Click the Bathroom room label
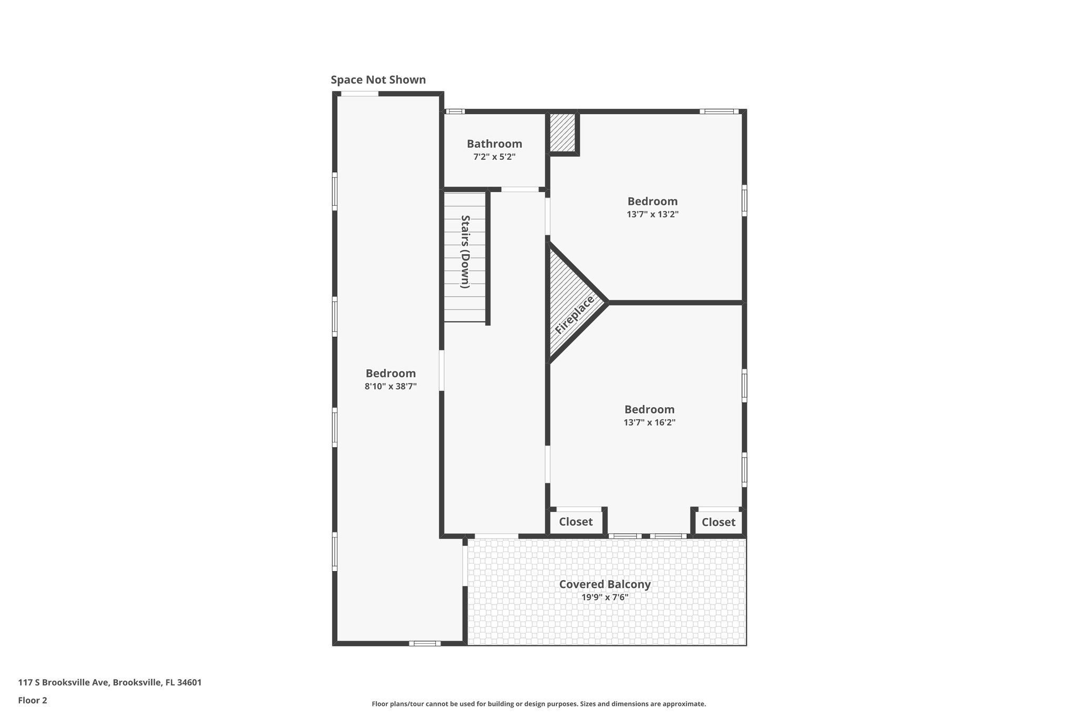494,144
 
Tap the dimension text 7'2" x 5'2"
494,157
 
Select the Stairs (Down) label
465,251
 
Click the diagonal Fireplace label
574,315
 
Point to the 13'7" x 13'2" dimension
652,215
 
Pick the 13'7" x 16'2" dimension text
649,422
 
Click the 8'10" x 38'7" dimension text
391,387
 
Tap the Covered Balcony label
605,584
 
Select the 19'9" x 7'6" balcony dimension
605,598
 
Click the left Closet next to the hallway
575,522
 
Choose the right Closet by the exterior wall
718,522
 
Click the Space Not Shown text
378,80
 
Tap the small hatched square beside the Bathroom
562,133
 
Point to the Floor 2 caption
33,700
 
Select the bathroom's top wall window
455,112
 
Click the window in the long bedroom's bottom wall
425,643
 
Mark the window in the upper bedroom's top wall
719,112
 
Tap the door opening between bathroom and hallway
520,189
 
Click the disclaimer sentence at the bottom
538,704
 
